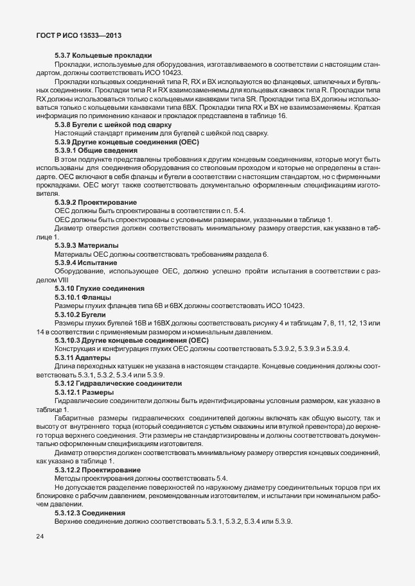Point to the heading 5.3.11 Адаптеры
[84, 357]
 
